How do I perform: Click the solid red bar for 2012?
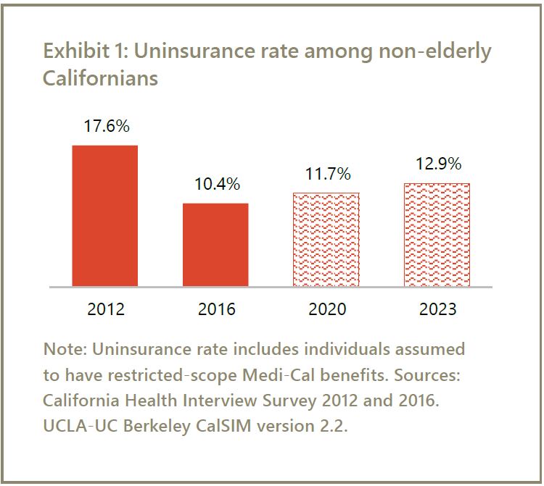104,216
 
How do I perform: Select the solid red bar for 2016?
215,245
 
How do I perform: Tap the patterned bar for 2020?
326,239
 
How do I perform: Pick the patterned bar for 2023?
437,235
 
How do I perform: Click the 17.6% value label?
107,126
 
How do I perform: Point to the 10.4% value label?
217,184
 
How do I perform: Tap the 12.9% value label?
438,164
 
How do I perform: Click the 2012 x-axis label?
106,309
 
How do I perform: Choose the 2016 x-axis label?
216,309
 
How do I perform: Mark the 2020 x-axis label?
327,309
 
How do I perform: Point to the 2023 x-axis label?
437,309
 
